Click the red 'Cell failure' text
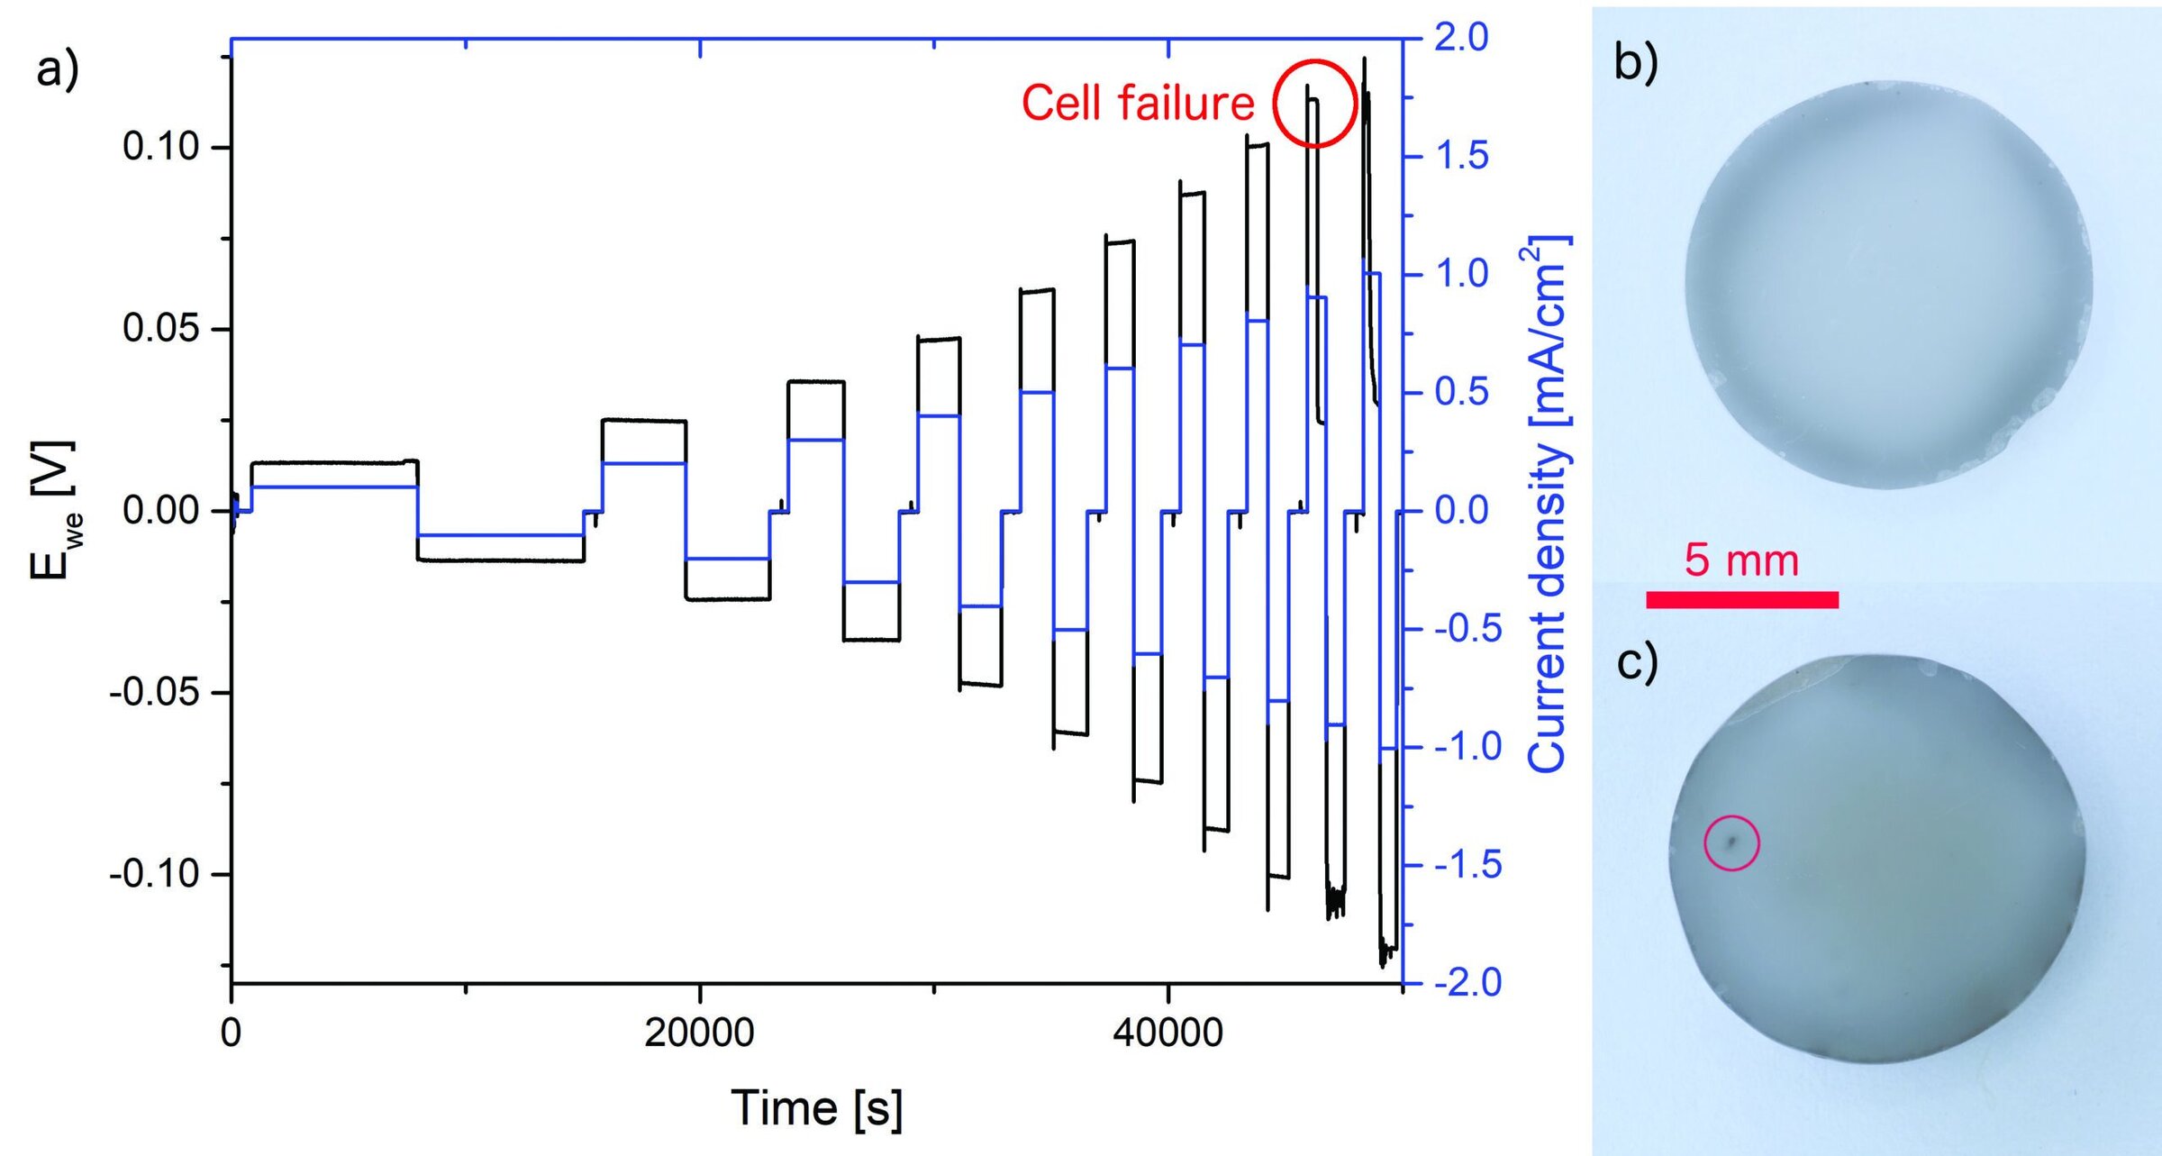(x=1137, y=103)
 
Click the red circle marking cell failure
(x=1314, y=104)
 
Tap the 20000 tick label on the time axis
(x=699, y=1032)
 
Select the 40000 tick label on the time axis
(x=1167, y=1032)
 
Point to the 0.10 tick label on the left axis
(x=160, y=146)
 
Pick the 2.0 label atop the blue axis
(x=1461, y=38)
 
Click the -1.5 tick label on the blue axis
(x=1467, y=865)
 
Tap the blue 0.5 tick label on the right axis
(x=1461, y=392)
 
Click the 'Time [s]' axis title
(x=816, y=1107)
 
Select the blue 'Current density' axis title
(x=1548, y=505)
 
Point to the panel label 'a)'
(x=58, y=70)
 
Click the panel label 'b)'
(x=1636, y=64)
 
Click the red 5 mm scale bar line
(x=1742, y=600)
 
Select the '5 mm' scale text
(x=1741, y=560)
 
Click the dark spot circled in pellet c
(x=1730, y=842)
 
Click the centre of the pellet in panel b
(x=1889, y=286)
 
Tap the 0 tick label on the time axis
(x=231, y=1032)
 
